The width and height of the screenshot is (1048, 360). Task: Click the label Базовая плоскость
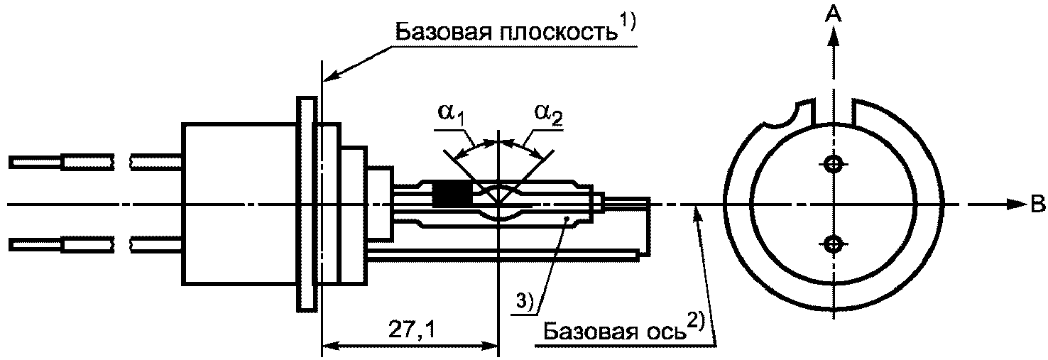[x=507, y=33]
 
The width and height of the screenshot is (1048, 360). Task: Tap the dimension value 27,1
[x=411, y=331]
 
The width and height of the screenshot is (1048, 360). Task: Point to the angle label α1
[x=452, y=114]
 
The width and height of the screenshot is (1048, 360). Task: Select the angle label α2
[x=550, y=114]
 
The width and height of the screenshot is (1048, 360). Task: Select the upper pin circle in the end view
[x=833, y=163]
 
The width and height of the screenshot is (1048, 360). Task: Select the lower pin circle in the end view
[x=833, y=243]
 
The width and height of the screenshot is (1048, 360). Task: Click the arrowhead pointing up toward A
[x=833, y=36]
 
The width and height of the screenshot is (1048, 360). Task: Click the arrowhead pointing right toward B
[x=1015, y=205]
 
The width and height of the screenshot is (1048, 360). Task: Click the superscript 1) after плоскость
[x=628, y=23]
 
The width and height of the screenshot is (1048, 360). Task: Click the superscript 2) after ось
[x=696, y=323]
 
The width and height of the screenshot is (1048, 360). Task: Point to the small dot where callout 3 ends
[x=567, y=218]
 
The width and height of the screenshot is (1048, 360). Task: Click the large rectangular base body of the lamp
[x=239, y=204]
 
